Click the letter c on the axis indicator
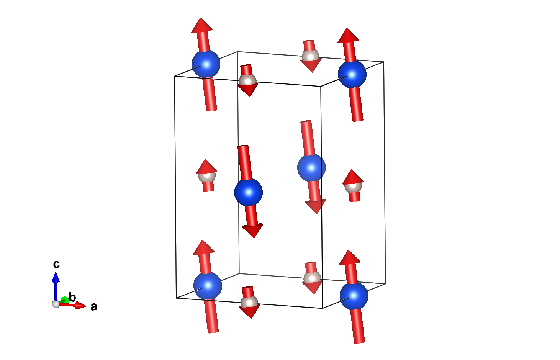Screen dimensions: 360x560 (56, 264)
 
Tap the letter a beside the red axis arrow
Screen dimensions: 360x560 (93, 307)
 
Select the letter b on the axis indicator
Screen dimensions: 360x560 (72, 298)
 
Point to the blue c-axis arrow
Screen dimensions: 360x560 (56, 283)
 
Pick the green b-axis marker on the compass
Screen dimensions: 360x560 (64, 300)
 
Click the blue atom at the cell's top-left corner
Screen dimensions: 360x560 (206, 64)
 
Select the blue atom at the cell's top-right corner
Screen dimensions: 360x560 (352, 74)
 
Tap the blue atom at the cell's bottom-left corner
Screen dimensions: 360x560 (208, 286)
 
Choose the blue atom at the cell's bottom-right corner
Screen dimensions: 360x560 (354, 296)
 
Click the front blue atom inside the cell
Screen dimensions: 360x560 (249, 192)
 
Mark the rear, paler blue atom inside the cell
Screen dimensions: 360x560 (311, 168)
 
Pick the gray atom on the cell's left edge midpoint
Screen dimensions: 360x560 (207, 177)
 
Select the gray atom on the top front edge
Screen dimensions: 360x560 (247, 80)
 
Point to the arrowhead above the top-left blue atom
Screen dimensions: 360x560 (202, 25)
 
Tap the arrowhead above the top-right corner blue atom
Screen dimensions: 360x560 (348, 36)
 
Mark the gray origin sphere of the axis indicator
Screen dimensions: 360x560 (56, 304)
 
